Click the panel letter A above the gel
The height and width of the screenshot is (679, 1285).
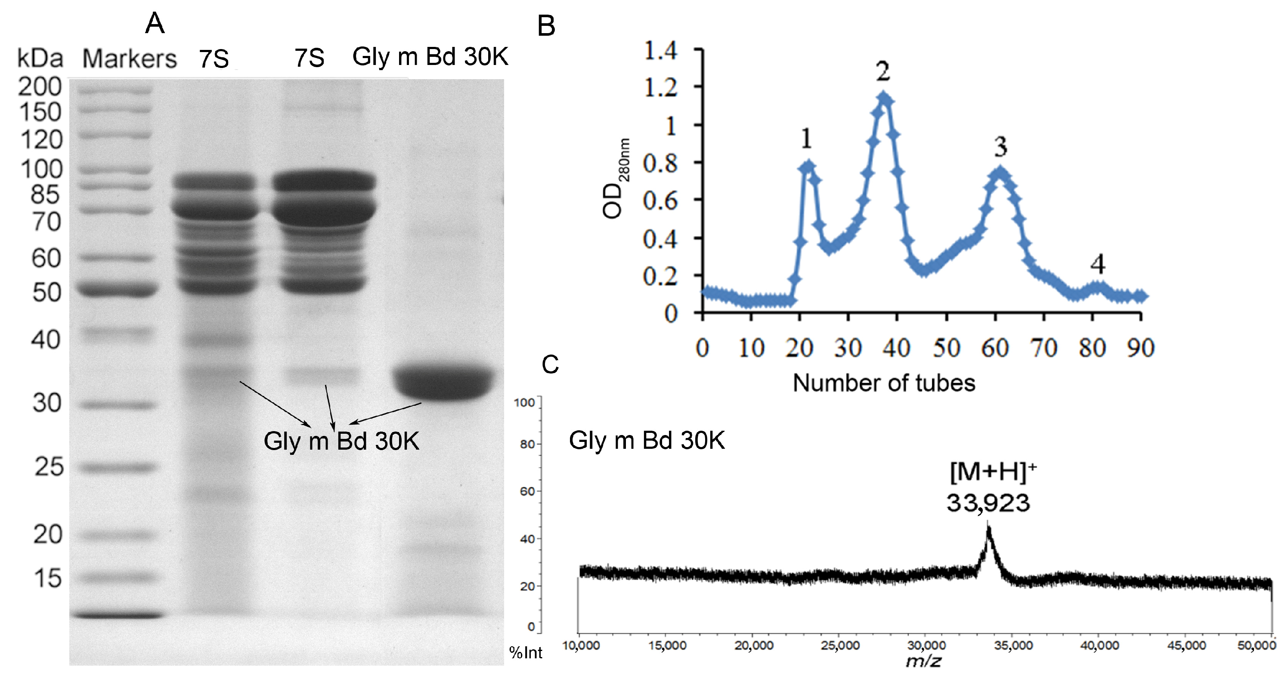click(155, 23)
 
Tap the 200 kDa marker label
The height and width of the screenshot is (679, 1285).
click(40, 87)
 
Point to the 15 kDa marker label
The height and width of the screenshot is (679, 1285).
click(48, 578)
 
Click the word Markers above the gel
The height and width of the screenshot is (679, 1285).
click(129, 59)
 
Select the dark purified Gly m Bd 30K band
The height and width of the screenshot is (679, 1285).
click(443, 383)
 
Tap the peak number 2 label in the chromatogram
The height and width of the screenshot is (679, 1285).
click(883, 72)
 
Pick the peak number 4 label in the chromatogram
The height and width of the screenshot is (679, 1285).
click(1097, 264)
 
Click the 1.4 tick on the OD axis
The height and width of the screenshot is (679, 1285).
click(660, 50)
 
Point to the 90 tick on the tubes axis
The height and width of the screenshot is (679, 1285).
click(1141, 348)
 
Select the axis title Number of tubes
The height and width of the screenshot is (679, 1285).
click(884, 383)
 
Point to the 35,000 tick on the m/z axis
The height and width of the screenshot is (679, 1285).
click(1013, 645)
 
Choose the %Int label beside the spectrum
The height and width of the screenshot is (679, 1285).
click(525, 653)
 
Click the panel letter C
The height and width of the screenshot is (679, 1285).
click(550, 365)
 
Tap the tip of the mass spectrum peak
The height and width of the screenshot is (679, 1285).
click(988, 528)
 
